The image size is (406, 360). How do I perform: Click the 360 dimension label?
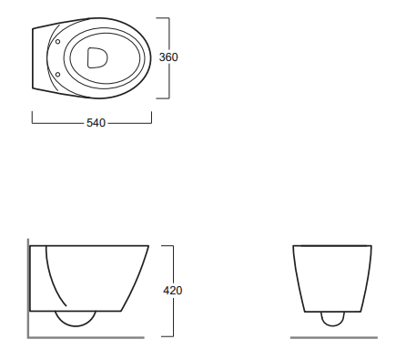pyautogui.click(x=168, y=57)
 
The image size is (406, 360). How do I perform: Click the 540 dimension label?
pyautogui.click(x=96, y=123)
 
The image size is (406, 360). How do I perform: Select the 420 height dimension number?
pyautogui.click(x=173, y=291)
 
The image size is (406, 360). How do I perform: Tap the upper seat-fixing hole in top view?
pyautogui.click(x=57, y=42)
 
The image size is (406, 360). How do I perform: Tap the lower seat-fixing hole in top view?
pyautogui.click(x=57, y=74)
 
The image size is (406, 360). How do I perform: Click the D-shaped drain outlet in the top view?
pyautogui.click(x=97, y=57)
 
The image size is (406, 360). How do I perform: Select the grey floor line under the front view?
pyautogui.click(x=334, y=337)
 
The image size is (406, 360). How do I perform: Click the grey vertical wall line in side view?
pyautogui.click(x=28, y=288)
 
